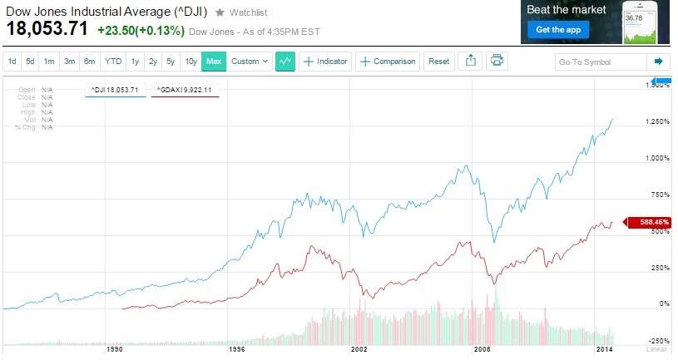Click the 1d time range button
(x=12, y=62)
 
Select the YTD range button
(x=113, y=62)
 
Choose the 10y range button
(x=191, y=62)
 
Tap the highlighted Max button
(x=214, y=62)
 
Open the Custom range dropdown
(x=250, y=62)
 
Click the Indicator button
(x=325, y=62)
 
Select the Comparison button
(x=387, y=62)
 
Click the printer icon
(x=497, y=61)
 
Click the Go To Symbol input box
(x=599, y=62)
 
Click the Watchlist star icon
(x=220, y=12)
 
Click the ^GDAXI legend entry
(x=185, y=88)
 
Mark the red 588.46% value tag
(x=656, y=223)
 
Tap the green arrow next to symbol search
(x=658, y=62)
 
